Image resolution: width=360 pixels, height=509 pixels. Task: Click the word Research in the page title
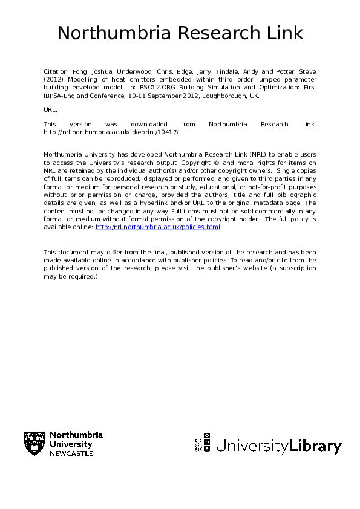[x=209, y=33]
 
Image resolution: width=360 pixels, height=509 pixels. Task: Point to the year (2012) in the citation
[x=53, y=79]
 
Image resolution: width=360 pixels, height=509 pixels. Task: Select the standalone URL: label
[x=50, y=110]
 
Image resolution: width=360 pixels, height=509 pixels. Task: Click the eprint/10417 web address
[x=111, y=132]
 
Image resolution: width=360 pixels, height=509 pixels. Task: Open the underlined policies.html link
[x=158, y=227]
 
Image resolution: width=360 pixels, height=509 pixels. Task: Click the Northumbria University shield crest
[x=34, y=444]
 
